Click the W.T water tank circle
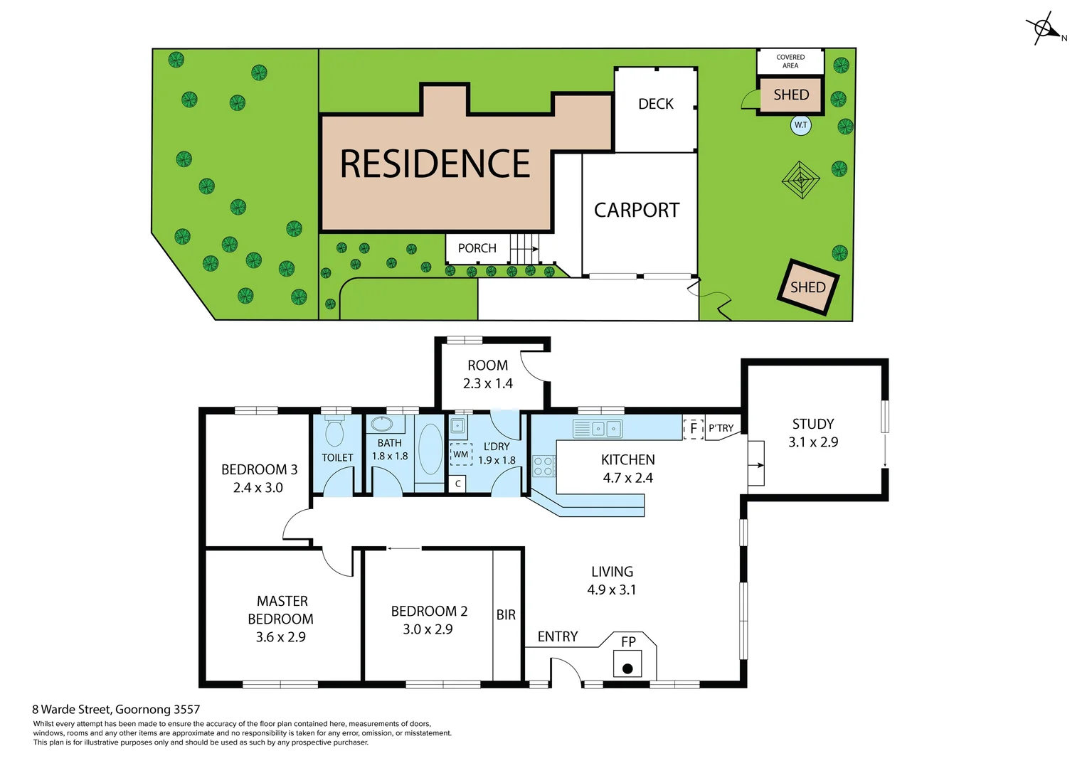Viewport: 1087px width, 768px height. coord(801,125)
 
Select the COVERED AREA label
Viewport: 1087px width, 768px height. coord(790,61)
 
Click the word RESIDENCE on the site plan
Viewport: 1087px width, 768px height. coord(435,164)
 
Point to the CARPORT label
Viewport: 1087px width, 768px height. coord(637,210)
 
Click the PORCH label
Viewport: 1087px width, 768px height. coord(477,248)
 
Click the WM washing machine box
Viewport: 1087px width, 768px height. coord(461,454)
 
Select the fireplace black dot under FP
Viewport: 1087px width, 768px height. coord(627,668)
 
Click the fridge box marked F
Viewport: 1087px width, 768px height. coord(693,429)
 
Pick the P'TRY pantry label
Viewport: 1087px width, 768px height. coord(721,428)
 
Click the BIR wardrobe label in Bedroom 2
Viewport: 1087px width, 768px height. coord(506,615)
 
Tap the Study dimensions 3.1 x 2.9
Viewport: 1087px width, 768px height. coord(813,442)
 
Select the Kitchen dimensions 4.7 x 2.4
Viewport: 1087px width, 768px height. coord(627,478)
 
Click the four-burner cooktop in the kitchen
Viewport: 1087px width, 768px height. coord(543,466)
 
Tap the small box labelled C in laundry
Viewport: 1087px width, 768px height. coord(458,484)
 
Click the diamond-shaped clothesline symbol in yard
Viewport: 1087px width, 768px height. coord(801,180)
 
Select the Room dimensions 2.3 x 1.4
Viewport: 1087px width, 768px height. coord(487,384)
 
